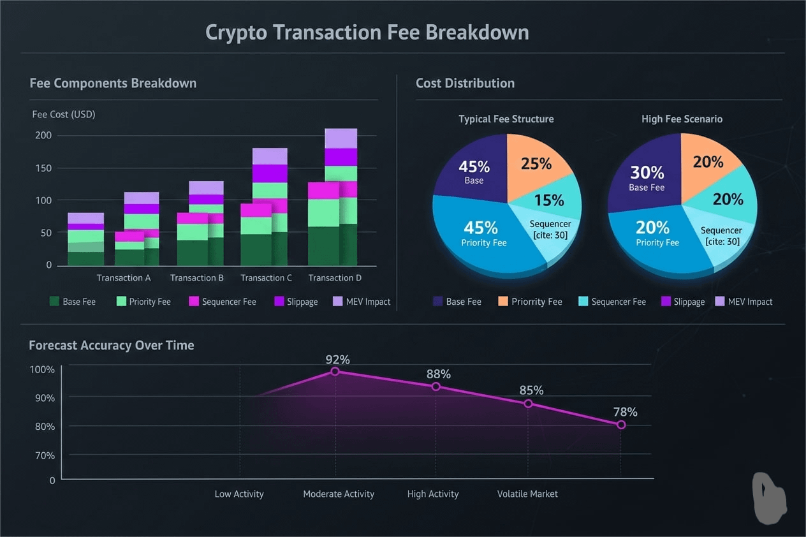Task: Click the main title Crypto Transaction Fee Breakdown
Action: click(367, 33)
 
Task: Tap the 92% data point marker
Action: click(335, 371)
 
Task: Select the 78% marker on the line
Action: click(621, 425)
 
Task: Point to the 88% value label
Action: click(438, 374)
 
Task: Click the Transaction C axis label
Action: click(266, 278)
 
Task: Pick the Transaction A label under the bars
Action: click(124, 278)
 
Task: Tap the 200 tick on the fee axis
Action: click(43, 135)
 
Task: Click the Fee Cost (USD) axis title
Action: click(64, 115)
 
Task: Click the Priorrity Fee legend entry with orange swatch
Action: click(529, 302)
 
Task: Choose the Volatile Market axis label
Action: click(527, 494)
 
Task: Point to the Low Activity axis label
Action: click(239, 494)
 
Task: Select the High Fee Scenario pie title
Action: click(682, 119)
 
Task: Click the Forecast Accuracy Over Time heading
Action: click(112, 346)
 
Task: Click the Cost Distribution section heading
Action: click(465, 84)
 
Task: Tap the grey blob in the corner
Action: click(770, 499)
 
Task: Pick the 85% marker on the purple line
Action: click(528, 404)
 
